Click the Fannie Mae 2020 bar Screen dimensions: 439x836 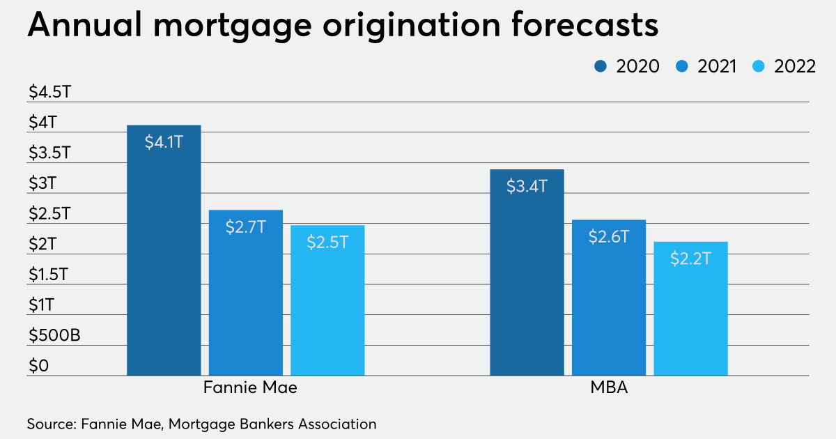[x=164, y=251]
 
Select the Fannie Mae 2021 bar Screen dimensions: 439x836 [x=246, y=293]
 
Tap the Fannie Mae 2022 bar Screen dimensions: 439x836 [x=327, y=300]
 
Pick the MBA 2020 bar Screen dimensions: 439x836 [x=527, y=272]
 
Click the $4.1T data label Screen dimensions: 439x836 [x=164, y=142]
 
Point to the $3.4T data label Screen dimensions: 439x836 [x=527, y=186]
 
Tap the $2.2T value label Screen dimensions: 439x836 [x=690, y=259]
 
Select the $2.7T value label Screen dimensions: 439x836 [x=246, y=227]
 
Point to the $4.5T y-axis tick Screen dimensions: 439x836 [x=49, y=92]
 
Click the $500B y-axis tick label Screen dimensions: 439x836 [x=54, y=335]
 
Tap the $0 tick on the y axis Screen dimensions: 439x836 [x=38, y=366]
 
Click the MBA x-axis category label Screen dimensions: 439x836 [x=608, y=388]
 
